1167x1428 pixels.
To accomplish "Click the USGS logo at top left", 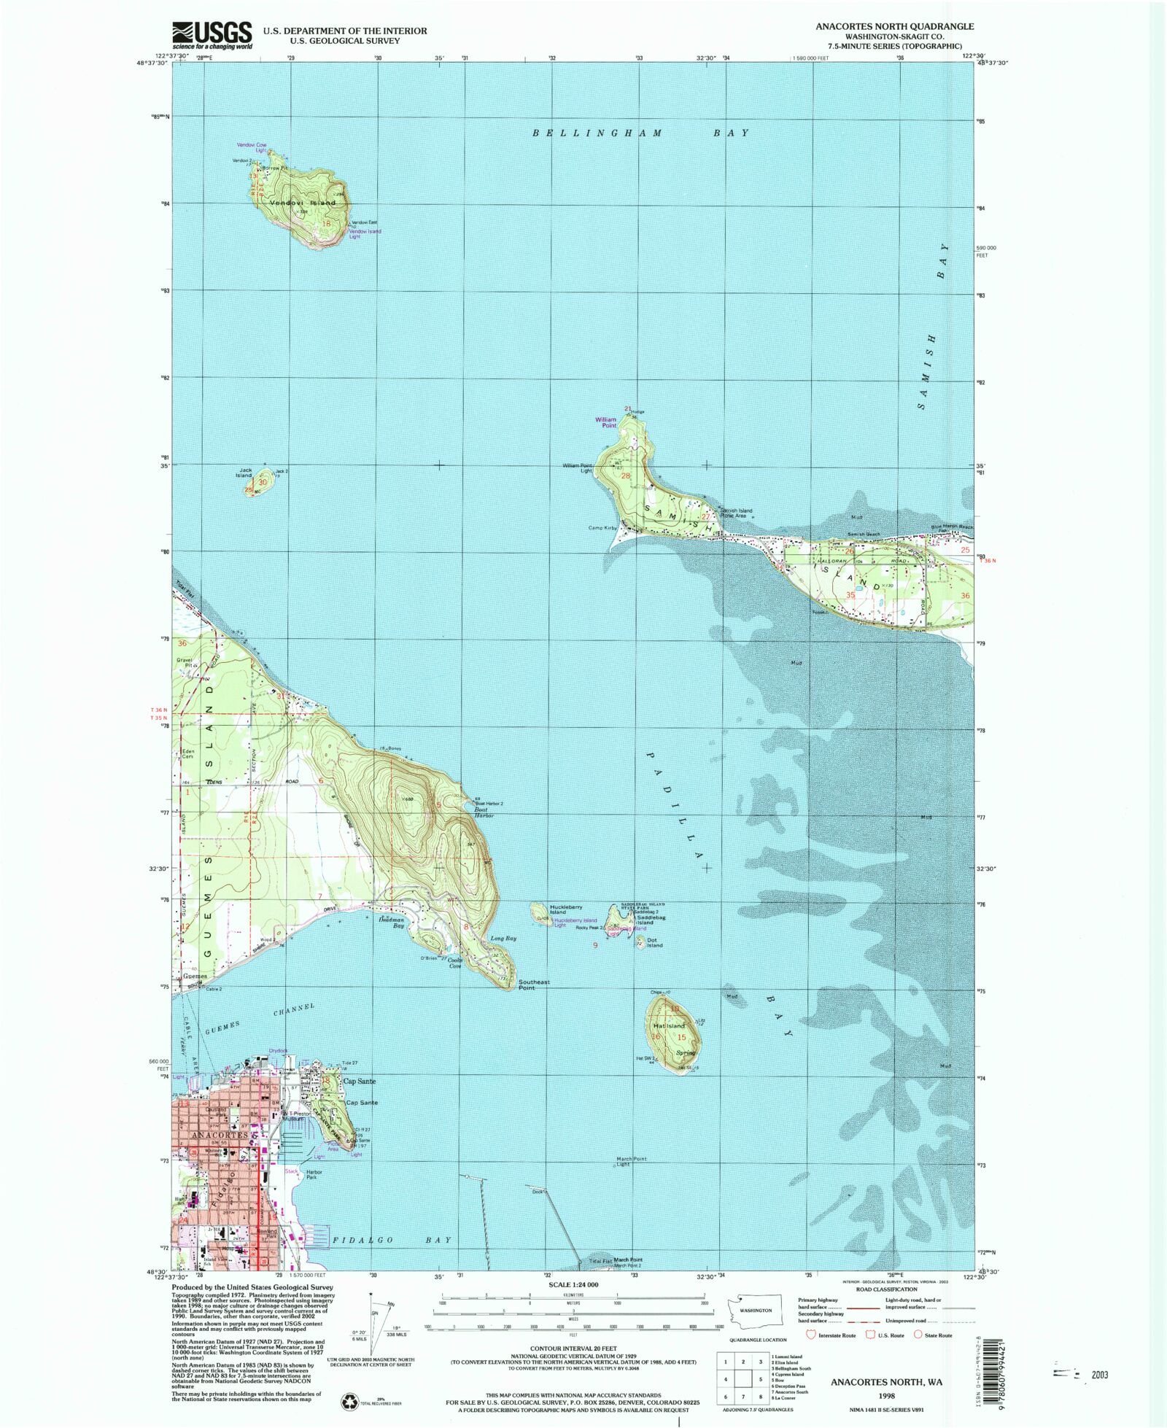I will point(212,35).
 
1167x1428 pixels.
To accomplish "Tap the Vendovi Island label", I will point(302,203).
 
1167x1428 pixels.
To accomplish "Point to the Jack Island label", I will point(244,473).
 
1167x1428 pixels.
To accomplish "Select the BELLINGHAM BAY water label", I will point(640,133).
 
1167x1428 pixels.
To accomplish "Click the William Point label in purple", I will point(605,422).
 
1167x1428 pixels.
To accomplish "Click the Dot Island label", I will point(654,942).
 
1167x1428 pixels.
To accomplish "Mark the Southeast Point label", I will point(534,985).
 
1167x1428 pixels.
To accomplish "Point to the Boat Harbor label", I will point(484,812).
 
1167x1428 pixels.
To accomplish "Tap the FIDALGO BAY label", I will point(392,1240).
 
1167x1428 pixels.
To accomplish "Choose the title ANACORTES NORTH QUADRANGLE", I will point(894,26).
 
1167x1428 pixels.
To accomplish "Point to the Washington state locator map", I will point(756,1309).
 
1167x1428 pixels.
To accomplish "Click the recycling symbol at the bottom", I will point(352,1400).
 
